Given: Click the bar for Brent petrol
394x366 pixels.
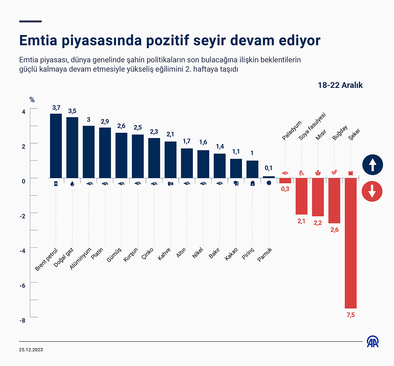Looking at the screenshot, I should pos(56,146).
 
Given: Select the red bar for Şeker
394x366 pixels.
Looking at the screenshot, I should pos(351,243).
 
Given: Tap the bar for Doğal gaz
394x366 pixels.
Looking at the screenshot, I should pos(72,147).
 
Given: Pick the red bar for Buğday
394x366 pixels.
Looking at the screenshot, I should pos(334,201).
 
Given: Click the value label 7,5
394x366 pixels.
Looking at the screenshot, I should pos(351,315).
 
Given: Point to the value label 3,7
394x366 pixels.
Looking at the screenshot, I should pos(56,107).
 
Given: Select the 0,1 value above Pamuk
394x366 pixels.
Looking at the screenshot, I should pos(269,168).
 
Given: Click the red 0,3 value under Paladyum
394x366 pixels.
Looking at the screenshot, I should pos(285,189).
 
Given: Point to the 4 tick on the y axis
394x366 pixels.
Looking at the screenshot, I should pos(24,112).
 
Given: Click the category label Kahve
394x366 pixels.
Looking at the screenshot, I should pos(164,254).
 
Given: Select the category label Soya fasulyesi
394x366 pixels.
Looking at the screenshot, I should pos(312,127).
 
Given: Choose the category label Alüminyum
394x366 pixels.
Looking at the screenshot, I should pos(80,258).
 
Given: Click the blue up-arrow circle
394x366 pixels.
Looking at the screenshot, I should pos(372,164).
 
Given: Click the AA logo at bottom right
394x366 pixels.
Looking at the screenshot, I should pos(373,342).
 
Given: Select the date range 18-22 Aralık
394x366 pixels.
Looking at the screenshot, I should pos(340,86).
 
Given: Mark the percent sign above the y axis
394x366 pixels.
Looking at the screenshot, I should pos(32,100).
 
